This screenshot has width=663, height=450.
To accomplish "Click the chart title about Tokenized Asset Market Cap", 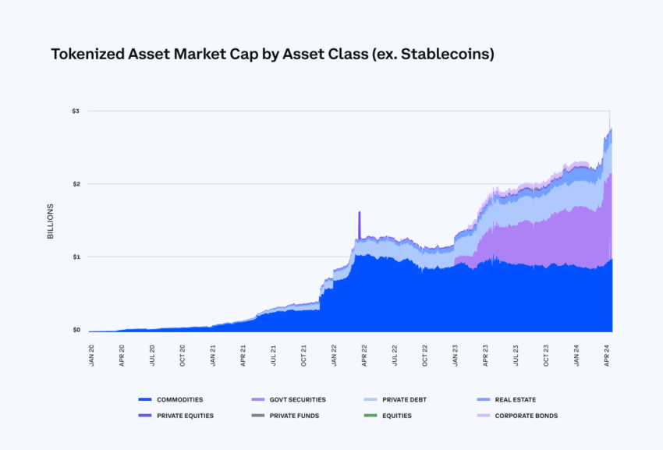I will click(x=272, y=55).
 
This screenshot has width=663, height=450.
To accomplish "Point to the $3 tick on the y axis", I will click(x=75, y=112).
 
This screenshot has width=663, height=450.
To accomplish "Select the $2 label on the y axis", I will click(x=75, y=184).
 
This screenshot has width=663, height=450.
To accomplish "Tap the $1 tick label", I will click(x=75, y=257).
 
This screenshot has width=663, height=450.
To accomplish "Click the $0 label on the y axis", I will click(x=75, y=330).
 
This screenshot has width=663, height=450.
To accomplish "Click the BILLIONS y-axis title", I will click(x=51, y=221).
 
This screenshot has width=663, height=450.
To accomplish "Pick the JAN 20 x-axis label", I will click(x=92, y=355).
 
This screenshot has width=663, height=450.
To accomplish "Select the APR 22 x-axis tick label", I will click(x=364, y=355).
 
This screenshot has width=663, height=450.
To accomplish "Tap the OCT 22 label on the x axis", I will click(x=425, y=355).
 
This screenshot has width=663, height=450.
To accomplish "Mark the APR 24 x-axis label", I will click(x=607, y=355).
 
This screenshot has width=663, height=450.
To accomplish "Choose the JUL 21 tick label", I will click(x=274, y=355).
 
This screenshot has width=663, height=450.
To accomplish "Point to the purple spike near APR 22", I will click(x=360, y=222).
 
